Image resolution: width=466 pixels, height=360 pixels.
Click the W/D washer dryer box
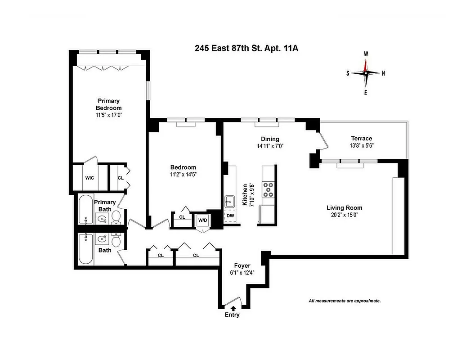(202, 220)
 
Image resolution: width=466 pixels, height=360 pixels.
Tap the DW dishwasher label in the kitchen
(230, 216)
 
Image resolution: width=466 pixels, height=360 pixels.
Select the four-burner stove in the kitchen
(268, 189)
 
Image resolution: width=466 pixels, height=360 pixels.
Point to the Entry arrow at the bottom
(233, 308)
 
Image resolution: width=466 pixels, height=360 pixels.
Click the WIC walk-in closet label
(90, 178)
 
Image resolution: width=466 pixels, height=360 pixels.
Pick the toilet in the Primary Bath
(116, 218)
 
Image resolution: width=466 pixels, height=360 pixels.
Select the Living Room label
(344, 208)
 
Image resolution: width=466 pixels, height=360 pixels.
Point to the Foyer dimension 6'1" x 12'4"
(238, 273)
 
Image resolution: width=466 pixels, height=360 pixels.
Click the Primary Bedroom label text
(108, 104)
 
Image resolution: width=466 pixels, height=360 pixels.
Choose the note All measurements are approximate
(345, 301)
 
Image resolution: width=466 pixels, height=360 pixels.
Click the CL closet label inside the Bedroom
(182, 217)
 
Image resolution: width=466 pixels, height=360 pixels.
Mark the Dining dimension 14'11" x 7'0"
(270, 146)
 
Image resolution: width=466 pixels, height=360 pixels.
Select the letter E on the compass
(366, 93)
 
